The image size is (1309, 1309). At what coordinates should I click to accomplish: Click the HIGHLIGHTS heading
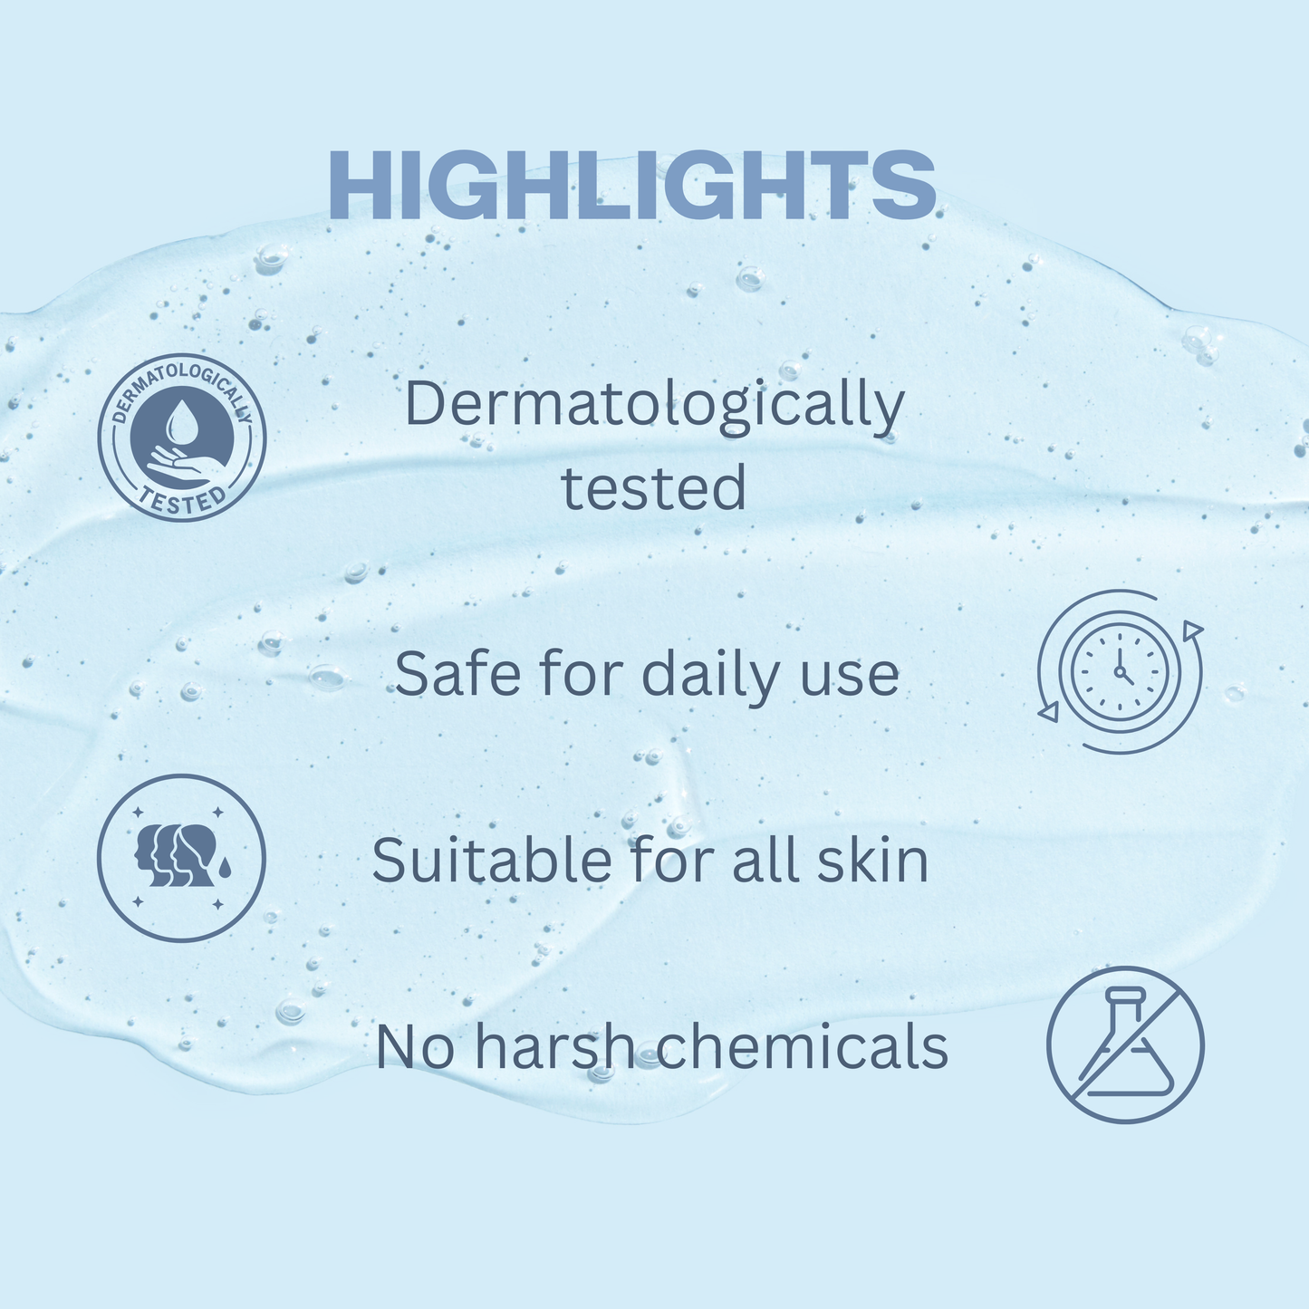click(631, 185)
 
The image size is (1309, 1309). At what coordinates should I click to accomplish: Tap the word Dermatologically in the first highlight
click(653, 405)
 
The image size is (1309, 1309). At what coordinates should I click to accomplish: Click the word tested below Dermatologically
click(653, 488)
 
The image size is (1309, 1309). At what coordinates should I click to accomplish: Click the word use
click(853, 676)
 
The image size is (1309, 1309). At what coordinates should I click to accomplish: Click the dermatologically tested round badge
click(181, 438)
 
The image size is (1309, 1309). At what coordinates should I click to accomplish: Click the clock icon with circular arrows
click(1120, 672)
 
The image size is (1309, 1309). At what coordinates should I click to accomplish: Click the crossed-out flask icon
click(1125, 1044)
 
